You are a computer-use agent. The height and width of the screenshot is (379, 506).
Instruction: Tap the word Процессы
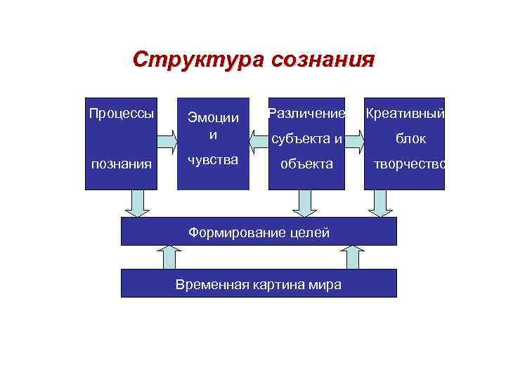[121, 112]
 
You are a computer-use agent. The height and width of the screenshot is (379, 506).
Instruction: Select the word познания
[121, 164]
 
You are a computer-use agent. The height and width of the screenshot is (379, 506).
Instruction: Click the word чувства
[212, 160]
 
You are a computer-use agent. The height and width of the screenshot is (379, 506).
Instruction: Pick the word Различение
[307, 113]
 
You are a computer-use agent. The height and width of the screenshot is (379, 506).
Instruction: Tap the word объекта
[307, 164]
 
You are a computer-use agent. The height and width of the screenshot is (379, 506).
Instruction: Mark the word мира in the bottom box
[325, 284]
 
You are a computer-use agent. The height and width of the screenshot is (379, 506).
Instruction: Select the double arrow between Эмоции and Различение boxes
[259, 140]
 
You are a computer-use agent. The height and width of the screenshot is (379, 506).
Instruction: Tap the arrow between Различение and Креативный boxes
[354, 140]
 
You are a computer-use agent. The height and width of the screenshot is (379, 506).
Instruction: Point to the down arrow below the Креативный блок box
[382, 204]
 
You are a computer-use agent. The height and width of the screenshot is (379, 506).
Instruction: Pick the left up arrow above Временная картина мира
[169, 257]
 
